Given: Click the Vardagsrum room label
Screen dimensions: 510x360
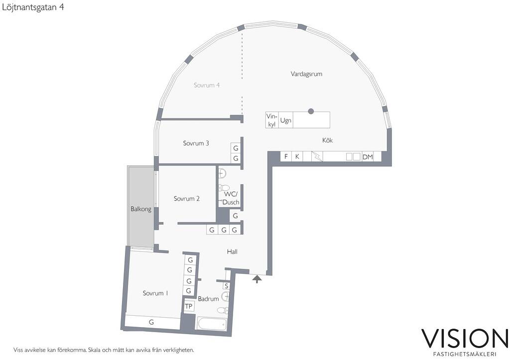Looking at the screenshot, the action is point(306,74).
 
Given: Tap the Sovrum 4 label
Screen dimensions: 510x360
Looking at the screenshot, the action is point(207,85).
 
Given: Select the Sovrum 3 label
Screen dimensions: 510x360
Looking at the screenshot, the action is point(196,143).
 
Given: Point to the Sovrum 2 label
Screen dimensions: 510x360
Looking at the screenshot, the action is point(186,199).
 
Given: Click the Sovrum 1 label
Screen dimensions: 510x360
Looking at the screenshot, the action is point(155,293).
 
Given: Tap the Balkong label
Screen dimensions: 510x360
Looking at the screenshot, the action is point(141,209).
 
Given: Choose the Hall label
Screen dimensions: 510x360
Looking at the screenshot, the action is point(232,251).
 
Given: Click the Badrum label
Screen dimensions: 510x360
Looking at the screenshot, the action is point(208,299).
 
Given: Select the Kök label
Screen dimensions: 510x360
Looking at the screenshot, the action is point(328,140).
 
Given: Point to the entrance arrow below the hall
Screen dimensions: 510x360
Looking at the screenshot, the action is point(257,279).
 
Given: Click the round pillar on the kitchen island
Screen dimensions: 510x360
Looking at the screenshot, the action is point(311,111).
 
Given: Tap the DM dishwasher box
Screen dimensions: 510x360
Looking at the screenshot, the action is point(368,157).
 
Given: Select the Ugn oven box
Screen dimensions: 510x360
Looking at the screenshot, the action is point(285,120).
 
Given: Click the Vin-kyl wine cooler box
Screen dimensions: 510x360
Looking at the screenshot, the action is point(272,120).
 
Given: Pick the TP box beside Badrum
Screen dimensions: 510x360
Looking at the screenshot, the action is point(189,306).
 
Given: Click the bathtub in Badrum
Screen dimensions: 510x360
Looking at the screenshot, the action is point(212,325).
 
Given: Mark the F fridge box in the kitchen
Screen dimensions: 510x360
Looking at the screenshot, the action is point(286,156).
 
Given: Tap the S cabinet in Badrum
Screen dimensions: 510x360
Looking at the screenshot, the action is point(227,286).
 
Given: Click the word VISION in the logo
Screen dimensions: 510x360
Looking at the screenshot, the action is point(465,339).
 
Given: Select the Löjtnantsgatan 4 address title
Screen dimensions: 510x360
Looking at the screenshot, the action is point(33,7).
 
